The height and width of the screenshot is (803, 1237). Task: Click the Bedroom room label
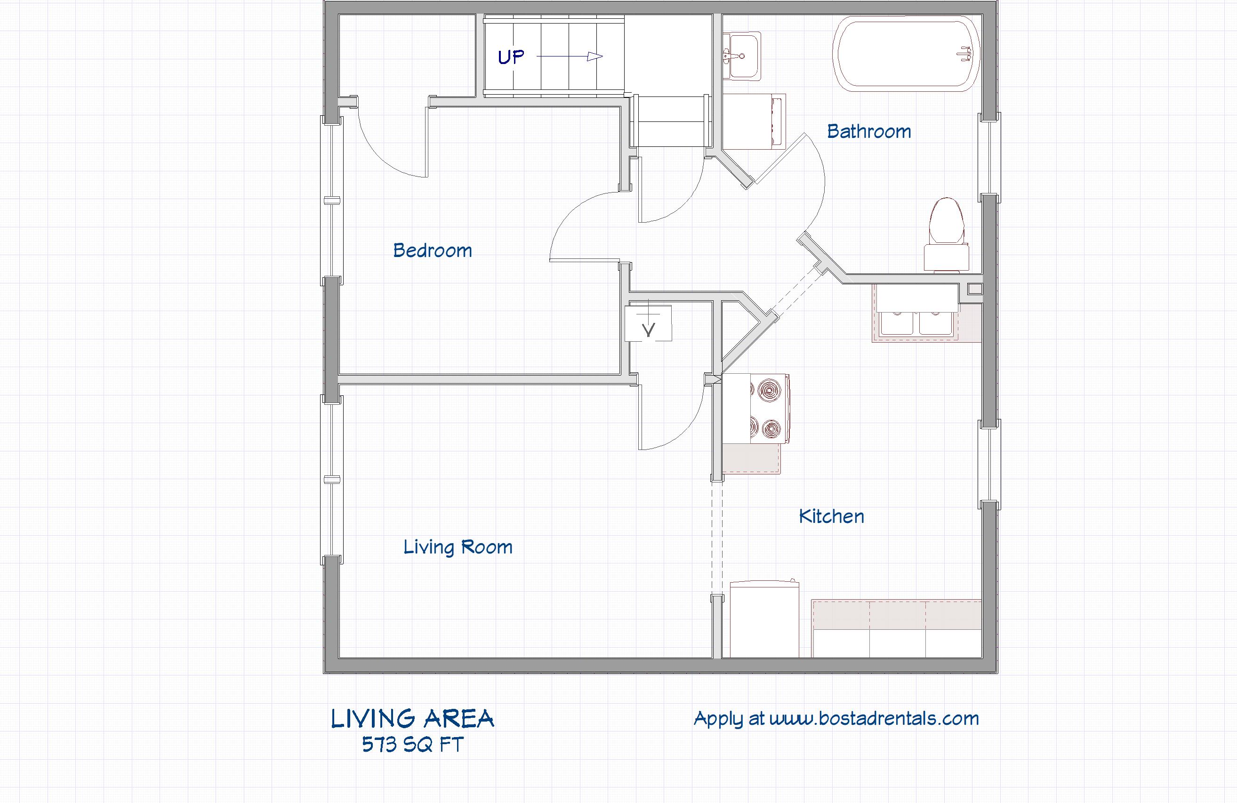(x=433, y=250)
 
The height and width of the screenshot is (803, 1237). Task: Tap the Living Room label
(x=458, y=547)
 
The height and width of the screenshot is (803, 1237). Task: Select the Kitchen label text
(x=831, y=516)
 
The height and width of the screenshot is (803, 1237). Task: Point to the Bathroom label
(x=869, y=131)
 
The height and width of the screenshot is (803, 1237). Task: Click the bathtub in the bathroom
(x=906, y=54)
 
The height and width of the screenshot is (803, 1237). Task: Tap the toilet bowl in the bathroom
(x=947, y=221)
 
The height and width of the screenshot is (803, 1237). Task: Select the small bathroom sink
(x=742, y=56)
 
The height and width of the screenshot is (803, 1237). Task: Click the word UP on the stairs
(x=511, y=56)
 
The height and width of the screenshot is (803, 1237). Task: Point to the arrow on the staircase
(x=569, y=56)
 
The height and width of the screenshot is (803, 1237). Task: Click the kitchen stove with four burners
(x=756, y=409)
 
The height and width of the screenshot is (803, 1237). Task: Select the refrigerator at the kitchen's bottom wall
(x=764, y=619)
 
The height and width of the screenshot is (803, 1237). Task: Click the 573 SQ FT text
(x=413, y=745)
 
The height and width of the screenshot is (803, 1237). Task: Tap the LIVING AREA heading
(x=413, y=719)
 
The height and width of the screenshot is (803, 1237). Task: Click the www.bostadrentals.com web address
(x=874, y=718)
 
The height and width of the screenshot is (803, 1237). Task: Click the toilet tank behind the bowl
(x=947, y=256)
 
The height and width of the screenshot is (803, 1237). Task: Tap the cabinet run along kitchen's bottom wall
(x=897, y=629)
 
